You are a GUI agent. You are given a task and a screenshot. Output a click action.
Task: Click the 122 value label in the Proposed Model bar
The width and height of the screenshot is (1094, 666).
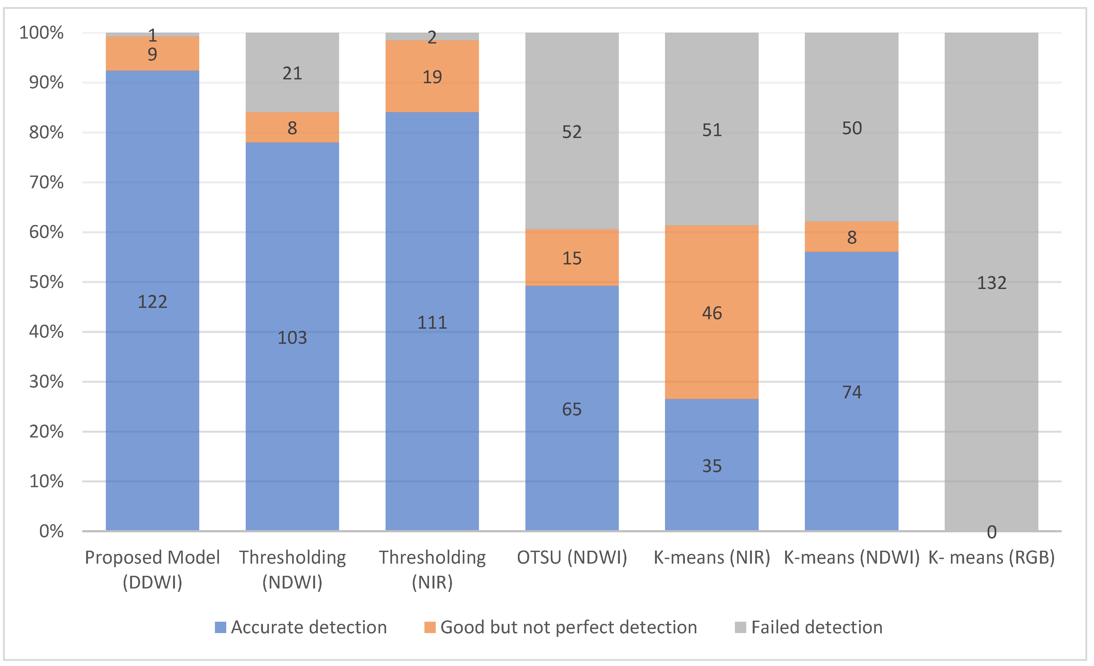pos(152,302)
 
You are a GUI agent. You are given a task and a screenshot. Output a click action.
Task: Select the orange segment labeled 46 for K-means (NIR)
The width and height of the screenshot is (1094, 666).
pos(712,313)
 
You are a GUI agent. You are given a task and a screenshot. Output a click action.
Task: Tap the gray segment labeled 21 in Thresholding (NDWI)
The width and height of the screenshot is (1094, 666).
pos(292,73)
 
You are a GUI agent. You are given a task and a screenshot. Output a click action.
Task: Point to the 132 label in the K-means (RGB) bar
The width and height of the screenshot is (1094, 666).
pos(991,283)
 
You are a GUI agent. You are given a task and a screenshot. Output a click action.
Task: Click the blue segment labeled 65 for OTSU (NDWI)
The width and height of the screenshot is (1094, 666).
pos(572,409)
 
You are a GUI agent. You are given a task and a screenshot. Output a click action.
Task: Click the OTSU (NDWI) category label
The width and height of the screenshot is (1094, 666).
pos(572,558)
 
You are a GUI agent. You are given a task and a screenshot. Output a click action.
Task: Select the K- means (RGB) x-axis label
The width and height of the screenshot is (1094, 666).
pos(991,558)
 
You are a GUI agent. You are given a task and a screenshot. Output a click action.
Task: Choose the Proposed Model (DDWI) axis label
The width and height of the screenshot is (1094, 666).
pos(152,570)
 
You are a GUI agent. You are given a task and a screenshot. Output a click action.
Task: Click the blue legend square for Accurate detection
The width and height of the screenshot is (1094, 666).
pos(220,627)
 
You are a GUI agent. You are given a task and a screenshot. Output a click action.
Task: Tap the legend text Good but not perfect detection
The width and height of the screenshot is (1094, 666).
pos(568,627)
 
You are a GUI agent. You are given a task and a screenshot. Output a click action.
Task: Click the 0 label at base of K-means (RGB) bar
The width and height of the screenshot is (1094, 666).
pos(991,532)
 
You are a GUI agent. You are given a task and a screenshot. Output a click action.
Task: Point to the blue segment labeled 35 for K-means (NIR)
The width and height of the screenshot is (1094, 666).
pos(712,466)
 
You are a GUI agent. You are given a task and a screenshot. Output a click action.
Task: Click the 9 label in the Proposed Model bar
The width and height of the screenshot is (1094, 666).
pos(152,55)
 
